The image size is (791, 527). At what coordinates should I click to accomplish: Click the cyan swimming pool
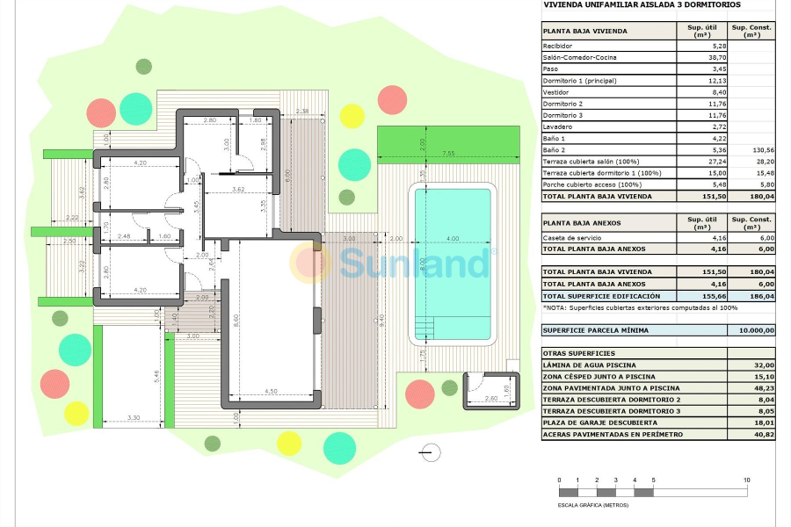coord(452,263)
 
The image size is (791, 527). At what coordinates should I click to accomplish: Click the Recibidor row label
coord(558,46)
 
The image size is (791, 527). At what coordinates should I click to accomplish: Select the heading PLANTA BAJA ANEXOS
coord(582,223)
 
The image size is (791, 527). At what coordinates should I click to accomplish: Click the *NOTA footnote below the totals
coord(629,307)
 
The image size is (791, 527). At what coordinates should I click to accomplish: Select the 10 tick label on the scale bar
coord(746,480)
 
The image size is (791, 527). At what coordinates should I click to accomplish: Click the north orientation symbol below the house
coord(431,452)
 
